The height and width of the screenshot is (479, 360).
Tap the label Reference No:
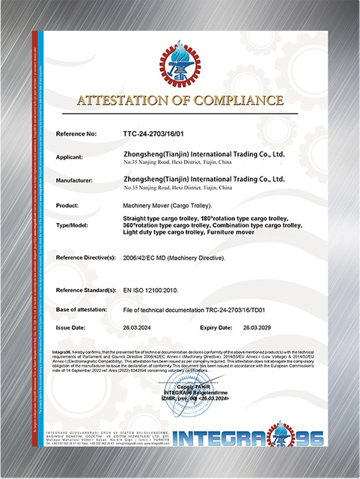coord(77,134)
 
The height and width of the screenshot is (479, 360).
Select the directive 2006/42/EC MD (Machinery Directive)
coord(175,257)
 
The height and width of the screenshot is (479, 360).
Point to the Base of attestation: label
coord(87,309)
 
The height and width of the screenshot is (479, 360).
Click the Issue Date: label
coord(74,327)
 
